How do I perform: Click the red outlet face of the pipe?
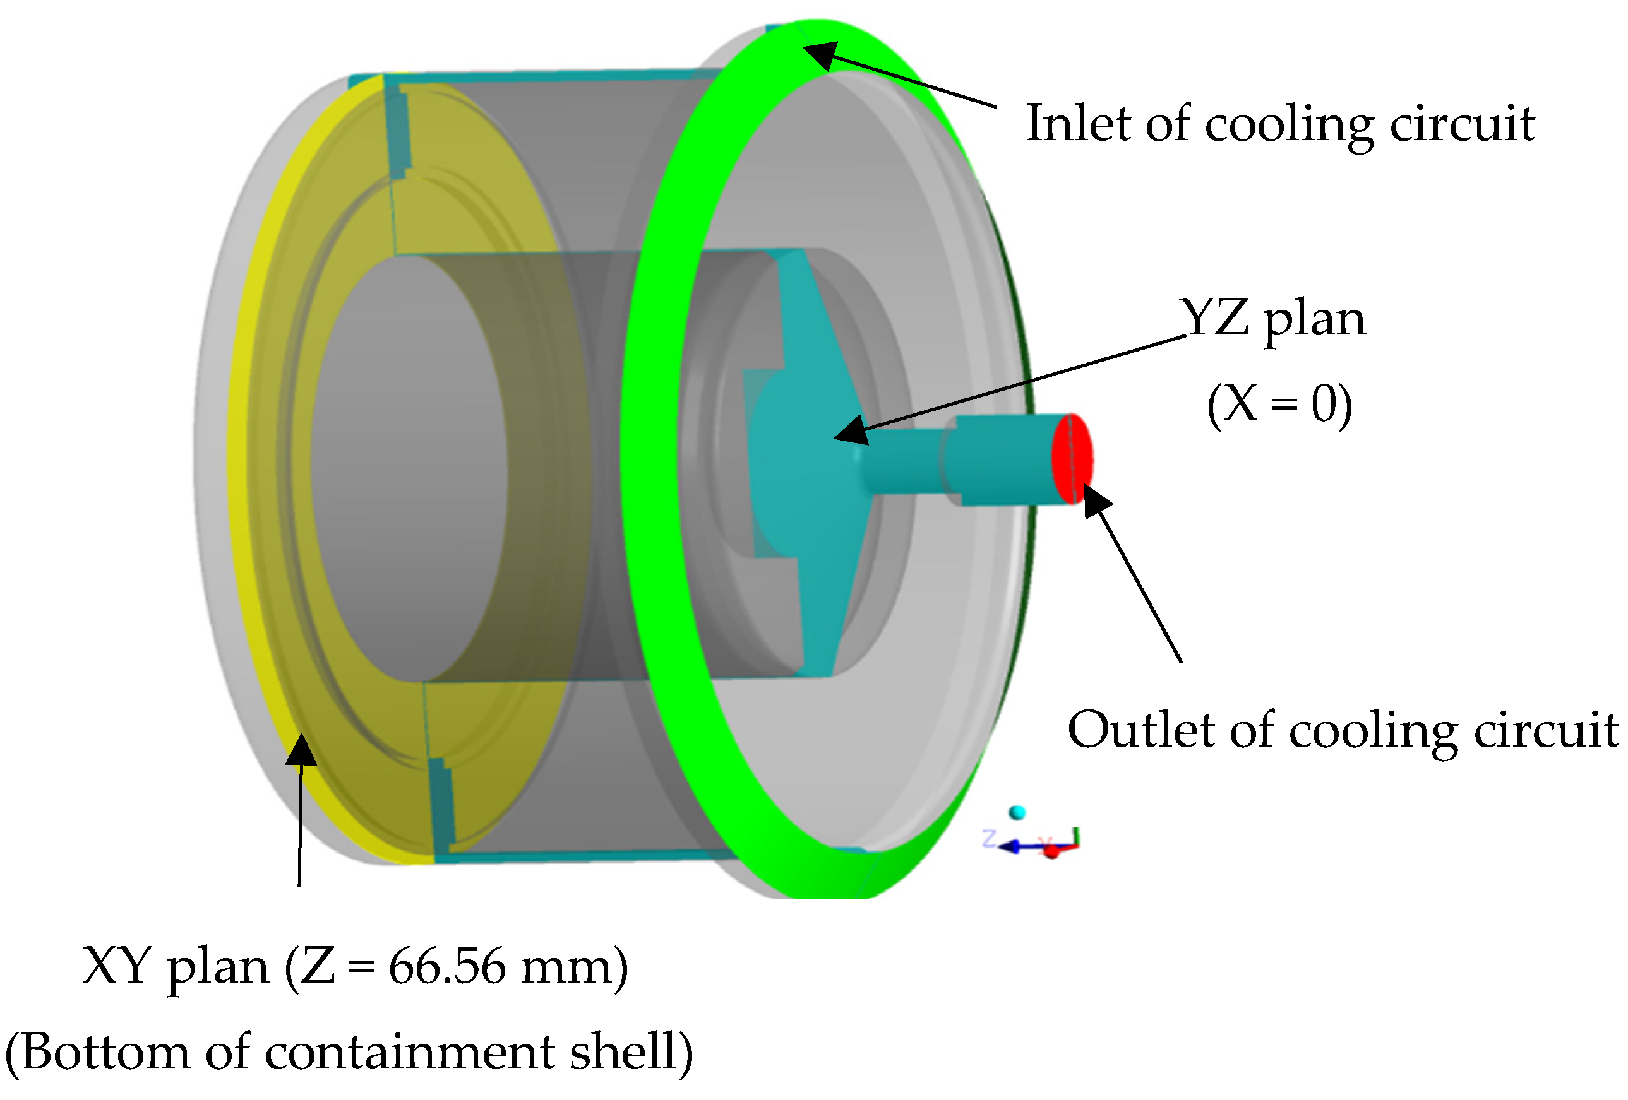coord(1072,459)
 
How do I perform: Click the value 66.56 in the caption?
coord(447,967)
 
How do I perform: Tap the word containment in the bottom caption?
coord(410,1053)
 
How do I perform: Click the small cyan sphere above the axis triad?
coord(1017,813)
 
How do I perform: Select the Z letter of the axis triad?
coord(989,837)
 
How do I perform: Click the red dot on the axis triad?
coord(1051,851)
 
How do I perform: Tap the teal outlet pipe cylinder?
coord(1002,459)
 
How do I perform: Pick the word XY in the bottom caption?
coord(116,967)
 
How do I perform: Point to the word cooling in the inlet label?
coord(1289,124)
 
